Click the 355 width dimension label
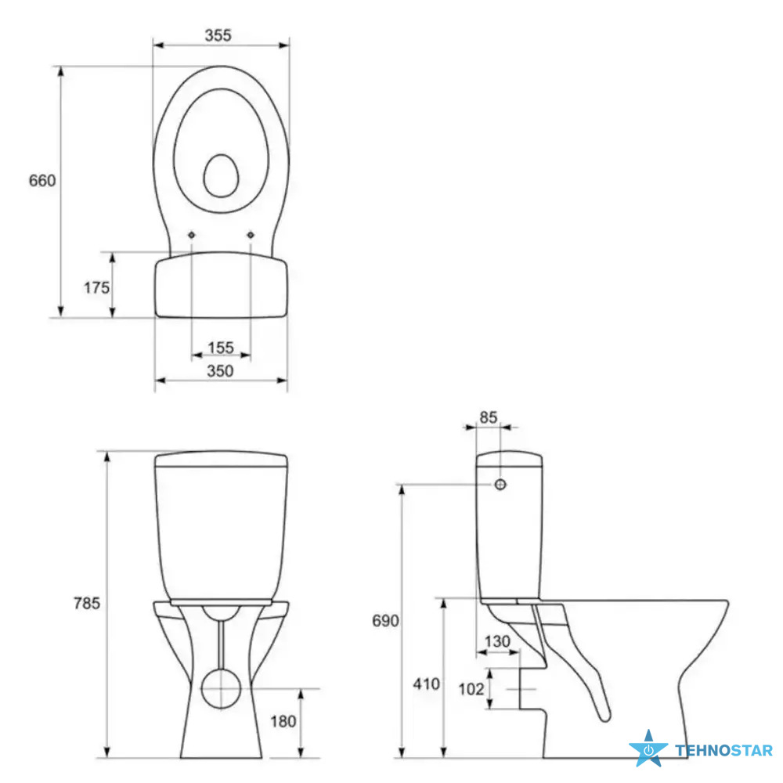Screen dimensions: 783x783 point(218,35)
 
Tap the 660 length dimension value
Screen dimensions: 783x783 point(42,180)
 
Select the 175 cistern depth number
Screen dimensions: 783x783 point(96,287)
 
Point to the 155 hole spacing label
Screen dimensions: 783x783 point(221,347)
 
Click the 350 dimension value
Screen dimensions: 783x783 point(220,370)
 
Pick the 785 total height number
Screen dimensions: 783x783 point(87,603)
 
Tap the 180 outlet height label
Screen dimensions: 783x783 point(283,721)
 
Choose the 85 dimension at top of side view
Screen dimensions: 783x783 point(489,417)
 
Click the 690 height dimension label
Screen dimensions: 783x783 point(385,621)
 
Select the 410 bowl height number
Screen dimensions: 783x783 point(427,684)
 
